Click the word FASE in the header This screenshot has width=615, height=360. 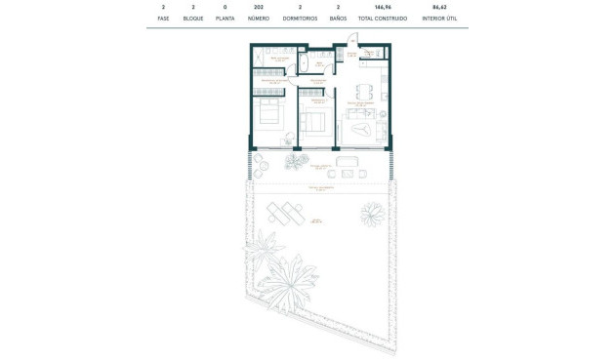(x=163, y=19)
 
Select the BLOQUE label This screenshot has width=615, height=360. (x=193, y=19)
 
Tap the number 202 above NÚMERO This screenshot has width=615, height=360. (x=259, y=7)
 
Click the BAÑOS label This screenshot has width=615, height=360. (x=338, y=19)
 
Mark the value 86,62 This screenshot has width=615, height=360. (x=438, y=7)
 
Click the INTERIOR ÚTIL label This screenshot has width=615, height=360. (x=438, y=19)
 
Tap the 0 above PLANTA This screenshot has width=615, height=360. (x=225, y=7)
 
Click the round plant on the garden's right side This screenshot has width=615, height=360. (x=371, y=211)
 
